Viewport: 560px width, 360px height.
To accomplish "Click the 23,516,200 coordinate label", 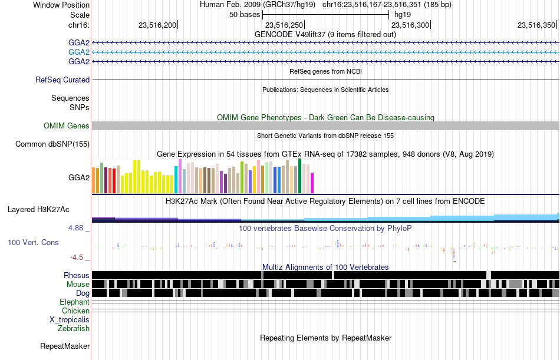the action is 157,25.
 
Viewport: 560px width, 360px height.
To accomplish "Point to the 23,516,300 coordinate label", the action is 410,25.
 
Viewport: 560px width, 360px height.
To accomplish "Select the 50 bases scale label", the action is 245,15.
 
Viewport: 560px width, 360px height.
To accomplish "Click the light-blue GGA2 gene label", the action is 79,52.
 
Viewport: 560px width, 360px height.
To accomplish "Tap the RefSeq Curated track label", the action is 62,80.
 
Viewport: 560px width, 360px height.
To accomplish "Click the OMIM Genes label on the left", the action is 67,125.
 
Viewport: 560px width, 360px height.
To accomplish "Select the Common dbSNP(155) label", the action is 52,144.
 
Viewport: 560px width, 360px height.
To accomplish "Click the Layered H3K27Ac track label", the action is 38,210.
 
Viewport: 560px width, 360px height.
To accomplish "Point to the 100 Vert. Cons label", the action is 33,243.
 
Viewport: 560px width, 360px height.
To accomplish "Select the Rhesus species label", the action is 77,275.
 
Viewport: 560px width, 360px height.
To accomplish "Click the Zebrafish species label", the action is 74,328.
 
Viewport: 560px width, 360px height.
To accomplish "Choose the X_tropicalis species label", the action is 70,320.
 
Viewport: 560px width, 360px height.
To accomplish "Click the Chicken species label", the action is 75,311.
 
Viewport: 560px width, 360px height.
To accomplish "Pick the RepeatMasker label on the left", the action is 65,346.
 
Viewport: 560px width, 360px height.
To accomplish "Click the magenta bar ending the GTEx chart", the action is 312,183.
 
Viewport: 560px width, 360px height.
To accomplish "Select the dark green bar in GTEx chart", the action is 300,176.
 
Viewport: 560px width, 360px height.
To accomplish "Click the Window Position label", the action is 61,5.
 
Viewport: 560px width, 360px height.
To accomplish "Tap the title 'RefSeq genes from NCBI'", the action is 326,71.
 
